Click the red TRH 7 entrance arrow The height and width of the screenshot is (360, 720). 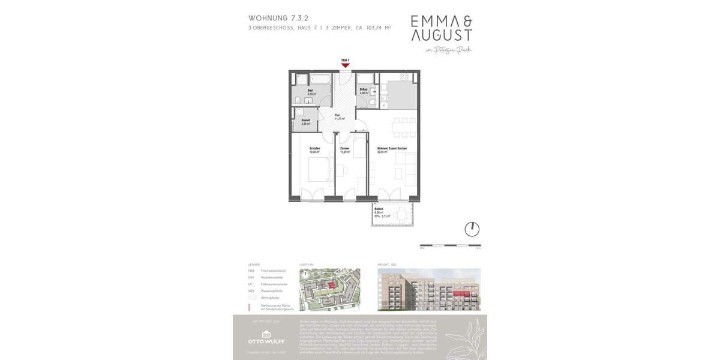click(x=345, y=65)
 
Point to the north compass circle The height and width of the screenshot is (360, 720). click(x=472, y=229)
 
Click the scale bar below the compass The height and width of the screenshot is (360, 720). click(x=450, y=245)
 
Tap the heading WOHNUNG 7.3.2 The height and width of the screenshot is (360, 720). click(x=278, y=18)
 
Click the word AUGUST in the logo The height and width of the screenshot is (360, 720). click(x=441, y=35)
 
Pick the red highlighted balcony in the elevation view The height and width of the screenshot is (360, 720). click(x=461, y=293)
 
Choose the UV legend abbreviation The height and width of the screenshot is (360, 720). click(x=251, y=284)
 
